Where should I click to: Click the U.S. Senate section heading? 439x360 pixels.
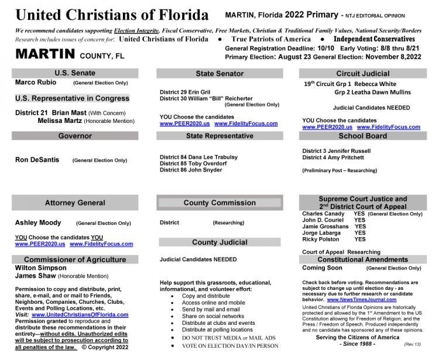75,73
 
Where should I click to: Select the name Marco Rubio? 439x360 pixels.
34,83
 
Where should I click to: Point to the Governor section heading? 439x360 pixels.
75,136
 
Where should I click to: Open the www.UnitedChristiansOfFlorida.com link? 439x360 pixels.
80,314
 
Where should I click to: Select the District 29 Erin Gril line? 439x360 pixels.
184,92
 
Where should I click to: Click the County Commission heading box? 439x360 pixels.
220,203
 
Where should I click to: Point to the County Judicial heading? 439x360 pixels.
220,242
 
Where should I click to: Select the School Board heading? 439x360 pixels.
362,136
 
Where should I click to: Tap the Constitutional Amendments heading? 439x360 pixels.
362,259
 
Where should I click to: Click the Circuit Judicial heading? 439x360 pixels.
362,74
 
